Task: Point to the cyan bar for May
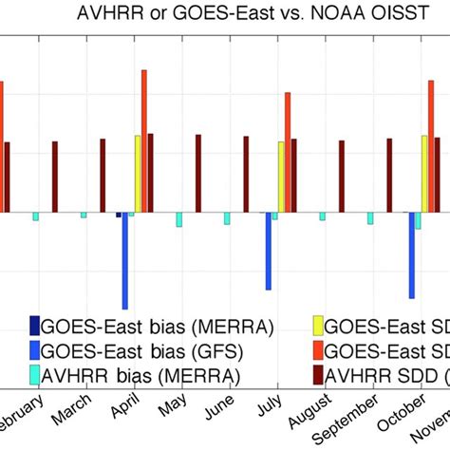coord(178,219)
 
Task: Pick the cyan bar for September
coord(370,218)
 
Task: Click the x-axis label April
coord(124,409)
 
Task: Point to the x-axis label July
coord(270,409)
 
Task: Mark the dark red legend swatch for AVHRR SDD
coord(318,376)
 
